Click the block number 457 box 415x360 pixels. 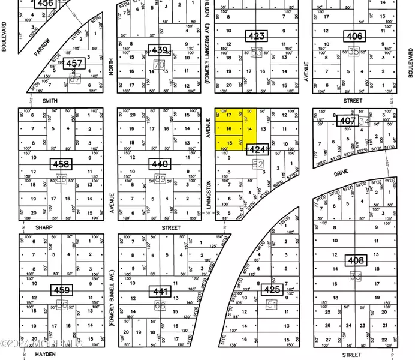click(74, 63)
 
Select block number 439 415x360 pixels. click(160, 49)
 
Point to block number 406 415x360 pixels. click(354, 36)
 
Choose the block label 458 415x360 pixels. click(61, 164)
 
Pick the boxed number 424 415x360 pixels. click(257, 150)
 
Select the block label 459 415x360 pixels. click(62, 290)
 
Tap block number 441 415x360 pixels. click(160, 291)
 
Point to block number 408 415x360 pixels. click(356, 261)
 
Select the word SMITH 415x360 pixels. click(50, 101)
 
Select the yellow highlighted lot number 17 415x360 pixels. click(228, 115)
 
